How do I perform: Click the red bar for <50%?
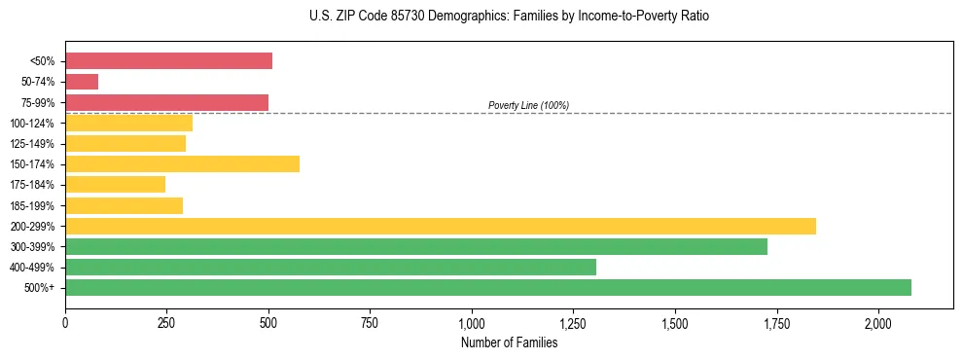(x=168, y=61)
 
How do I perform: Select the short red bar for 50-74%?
(x=82, y=82)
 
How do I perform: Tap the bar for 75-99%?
(x=166, y=102)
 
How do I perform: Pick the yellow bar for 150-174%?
(x=182, y=164)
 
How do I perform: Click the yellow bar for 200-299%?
(x=440, y=226)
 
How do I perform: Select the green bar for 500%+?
(x=487, y=287)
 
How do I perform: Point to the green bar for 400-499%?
(x=330, y=267)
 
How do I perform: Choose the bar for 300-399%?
(x=415, y=246)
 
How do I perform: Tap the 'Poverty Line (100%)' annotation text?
(x=528, y=105)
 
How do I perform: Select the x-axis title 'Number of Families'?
(x=510, y=342)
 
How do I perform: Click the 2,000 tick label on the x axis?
(x=877, y=323)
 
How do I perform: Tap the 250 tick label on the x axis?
(x=166, y=323)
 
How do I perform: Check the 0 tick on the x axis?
(x=65, y=323)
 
